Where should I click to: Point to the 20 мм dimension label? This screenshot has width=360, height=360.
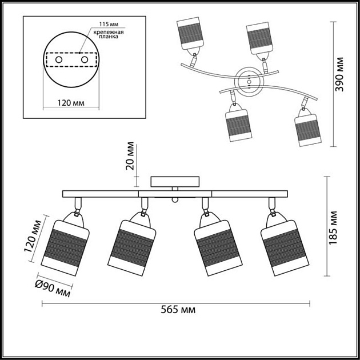(130, 156)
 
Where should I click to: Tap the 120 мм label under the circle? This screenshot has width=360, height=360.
(72, 103)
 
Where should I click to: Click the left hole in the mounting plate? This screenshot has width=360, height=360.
(58, 59)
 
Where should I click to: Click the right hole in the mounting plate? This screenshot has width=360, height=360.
(85, 59)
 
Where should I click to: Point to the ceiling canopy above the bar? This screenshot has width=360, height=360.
(175, 182)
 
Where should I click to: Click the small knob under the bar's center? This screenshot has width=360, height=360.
(175, 200)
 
